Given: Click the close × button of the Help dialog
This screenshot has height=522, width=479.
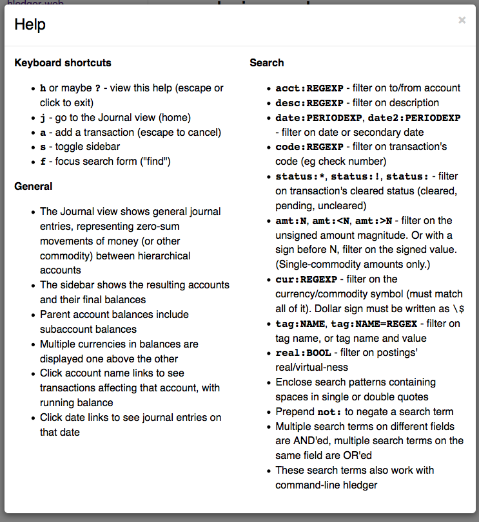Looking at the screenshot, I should (462, 21).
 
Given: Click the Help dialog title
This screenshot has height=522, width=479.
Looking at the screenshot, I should (30, 24).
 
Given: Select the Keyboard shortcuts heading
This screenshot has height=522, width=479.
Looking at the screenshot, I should (63, 63).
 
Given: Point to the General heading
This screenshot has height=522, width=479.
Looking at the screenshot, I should (34, 187).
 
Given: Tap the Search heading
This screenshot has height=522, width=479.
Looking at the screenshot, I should (267, 63).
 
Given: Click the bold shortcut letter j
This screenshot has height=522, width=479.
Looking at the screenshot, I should (43, 118).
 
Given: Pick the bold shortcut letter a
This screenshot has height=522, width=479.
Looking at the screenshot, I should (43, 133).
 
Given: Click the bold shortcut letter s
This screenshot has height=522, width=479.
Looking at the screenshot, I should (43, 147).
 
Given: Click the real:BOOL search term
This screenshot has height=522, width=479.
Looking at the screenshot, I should (303, 353).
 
